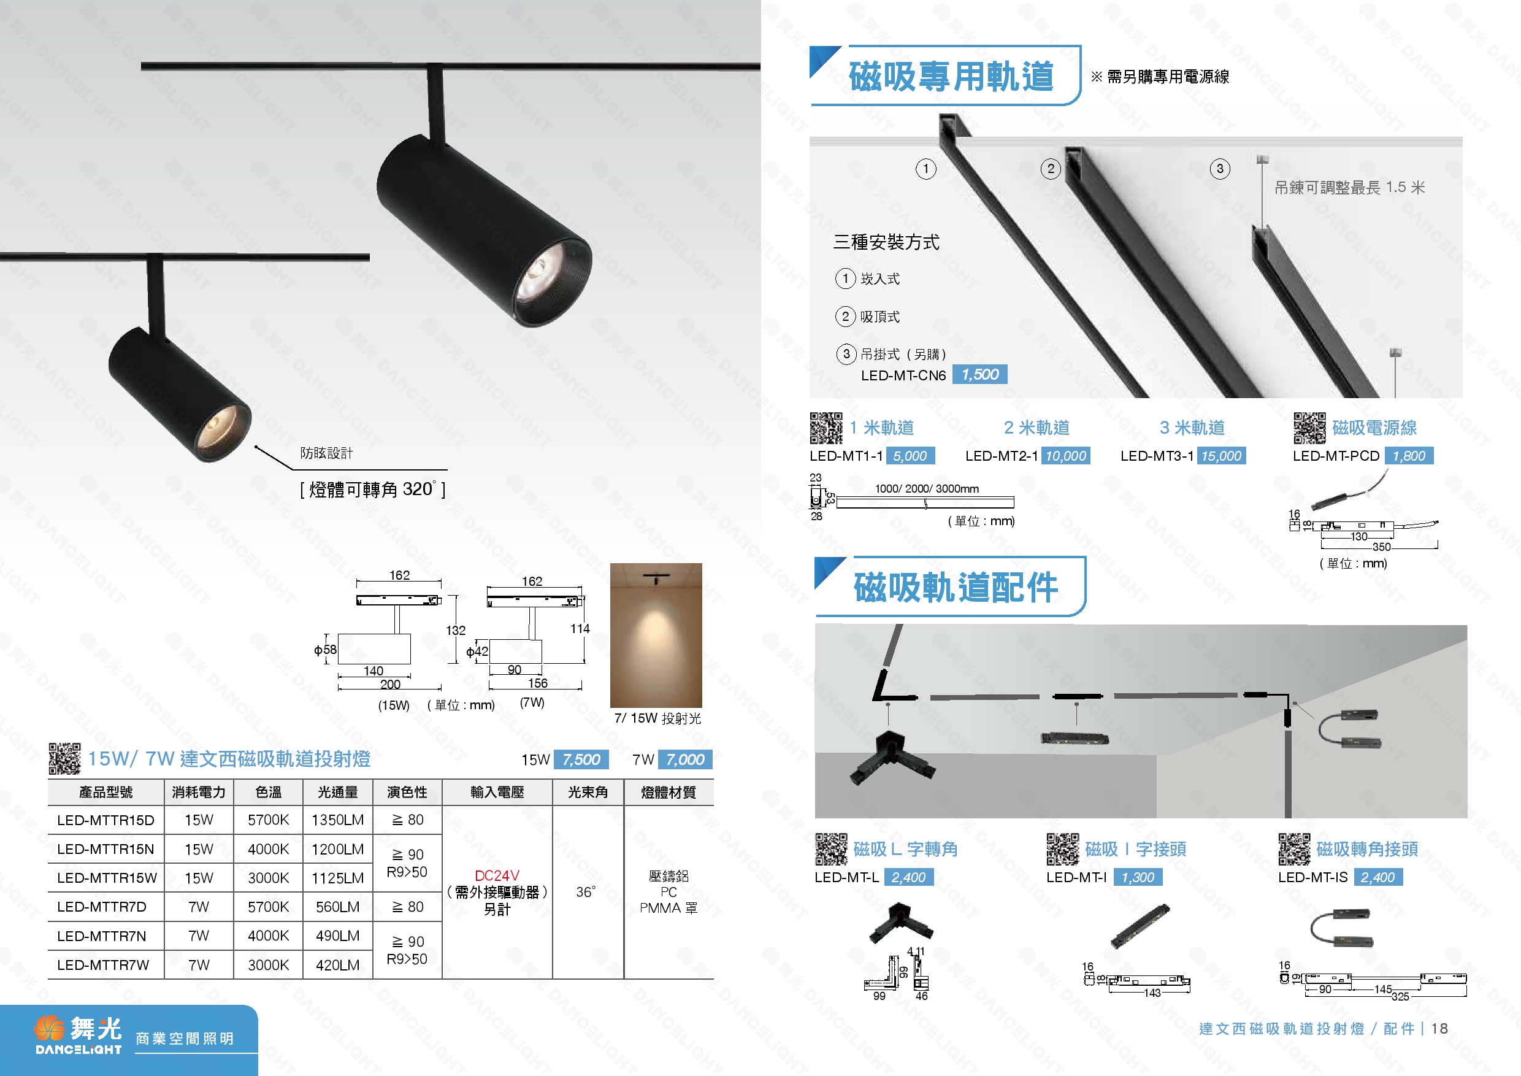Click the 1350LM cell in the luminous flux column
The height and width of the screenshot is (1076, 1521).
coord(337,820)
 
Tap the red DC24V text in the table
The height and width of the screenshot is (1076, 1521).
coord(497,875)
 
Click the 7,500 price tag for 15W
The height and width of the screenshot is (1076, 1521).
coord(581,759)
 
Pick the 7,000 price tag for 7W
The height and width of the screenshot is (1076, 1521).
coord(685,759)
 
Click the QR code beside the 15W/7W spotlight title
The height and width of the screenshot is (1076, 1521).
coord(64,759)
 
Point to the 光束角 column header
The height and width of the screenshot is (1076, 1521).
coord(588,792)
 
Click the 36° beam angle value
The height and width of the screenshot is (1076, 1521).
coord(586,892)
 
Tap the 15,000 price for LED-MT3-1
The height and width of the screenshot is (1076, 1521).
coord(1221,456)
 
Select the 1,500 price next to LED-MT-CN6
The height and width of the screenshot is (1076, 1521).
coord(980,374)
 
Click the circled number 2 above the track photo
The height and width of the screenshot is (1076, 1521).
coord(1051,169)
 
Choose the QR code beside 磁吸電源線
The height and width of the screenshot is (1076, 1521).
coord(1309,428)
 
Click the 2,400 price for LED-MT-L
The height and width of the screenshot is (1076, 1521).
coord(908,877)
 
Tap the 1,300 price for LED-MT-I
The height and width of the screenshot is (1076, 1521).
coord(1138,877)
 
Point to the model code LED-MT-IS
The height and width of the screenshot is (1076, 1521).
coord(1312,877)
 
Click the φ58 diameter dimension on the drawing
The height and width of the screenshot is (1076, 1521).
coord(325,650)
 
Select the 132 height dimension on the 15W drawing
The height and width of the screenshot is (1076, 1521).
coord(455,630)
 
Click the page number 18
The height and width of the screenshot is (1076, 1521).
coord(1439,1028)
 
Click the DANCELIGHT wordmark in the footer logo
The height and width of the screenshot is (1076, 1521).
coord(79,1050)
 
